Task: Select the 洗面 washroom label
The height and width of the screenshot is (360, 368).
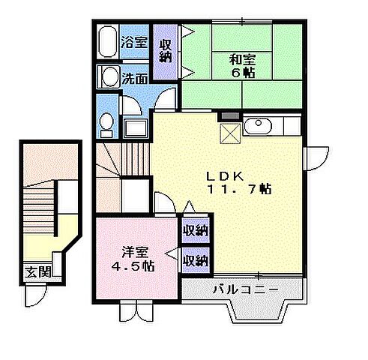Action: pos(135,77)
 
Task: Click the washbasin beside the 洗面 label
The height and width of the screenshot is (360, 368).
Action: pos(109,76)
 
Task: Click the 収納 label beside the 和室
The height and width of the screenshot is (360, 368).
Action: pos(166,51)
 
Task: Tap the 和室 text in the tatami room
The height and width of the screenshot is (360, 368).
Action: pos(241,58)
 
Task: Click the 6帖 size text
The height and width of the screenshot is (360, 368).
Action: pos(241,73)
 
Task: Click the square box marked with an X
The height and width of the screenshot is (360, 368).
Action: pos(228,133)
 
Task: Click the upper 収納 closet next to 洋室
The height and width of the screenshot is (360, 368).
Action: pos(196,230)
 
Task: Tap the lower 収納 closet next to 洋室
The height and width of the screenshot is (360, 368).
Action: pos(196,260)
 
